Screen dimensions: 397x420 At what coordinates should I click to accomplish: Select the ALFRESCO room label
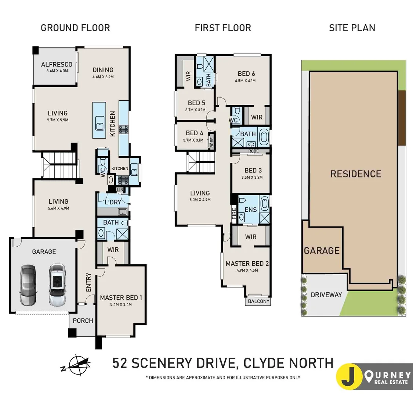pyautogui.click(x=57, y=64)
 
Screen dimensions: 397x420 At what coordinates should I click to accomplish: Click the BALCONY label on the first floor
pyautogui.click(x=258, y=301)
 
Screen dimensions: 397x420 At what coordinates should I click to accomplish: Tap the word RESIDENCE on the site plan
pyautogui.click(x=355, y=174)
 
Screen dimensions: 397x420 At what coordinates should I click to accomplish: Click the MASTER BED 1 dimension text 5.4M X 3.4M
pyautogui.click(x=121, y=304)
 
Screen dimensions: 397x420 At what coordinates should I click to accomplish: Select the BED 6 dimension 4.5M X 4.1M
pyautogui.click(x=245, y=81)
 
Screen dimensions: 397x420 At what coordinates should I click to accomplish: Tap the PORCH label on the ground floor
pyautogui.click(x=83, y=321)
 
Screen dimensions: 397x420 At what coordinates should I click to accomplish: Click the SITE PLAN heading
pyautogui.click(x=352, y=28)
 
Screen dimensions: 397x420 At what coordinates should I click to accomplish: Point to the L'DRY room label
pyautogui.click(x=113, y=202)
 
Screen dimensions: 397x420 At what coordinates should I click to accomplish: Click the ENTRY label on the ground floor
pyautogui.click(x=88, y=282)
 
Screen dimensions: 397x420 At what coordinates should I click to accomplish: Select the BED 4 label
pyautogui.click(x=194, y=133)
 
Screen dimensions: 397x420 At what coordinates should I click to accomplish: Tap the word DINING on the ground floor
pyautogui.click(x=103, y=70)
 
